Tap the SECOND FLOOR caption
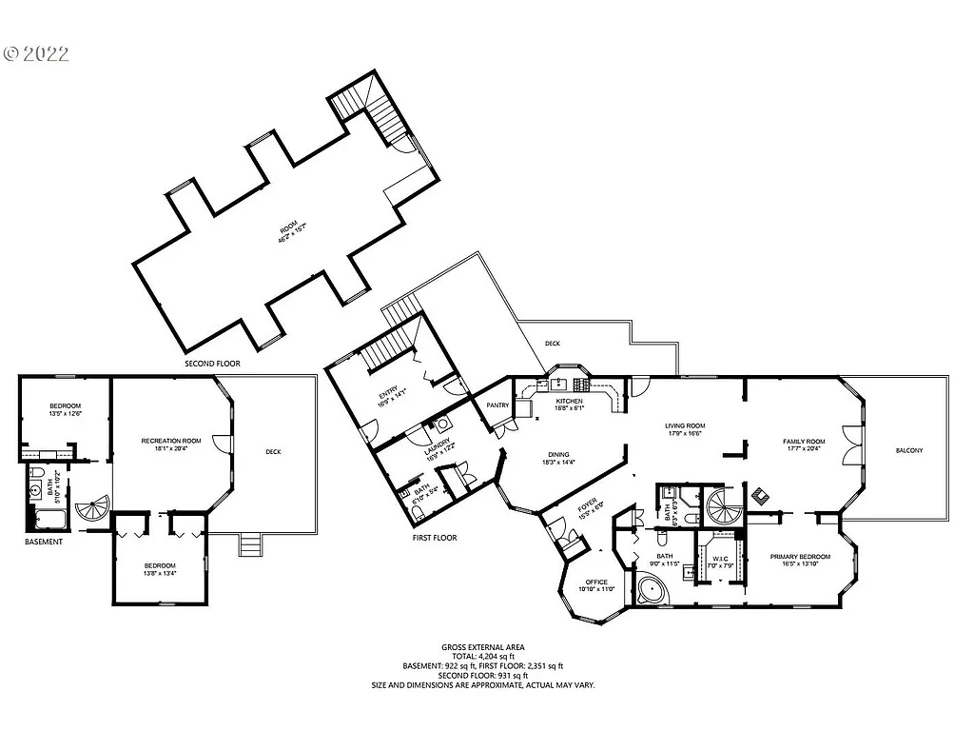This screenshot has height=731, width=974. tap(214, 364)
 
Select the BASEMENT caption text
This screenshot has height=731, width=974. tap(44, 542)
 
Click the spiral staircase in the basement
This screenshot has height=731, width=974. tap(94, 512)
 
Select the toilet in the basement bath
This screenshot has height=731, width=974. tap(35, 472)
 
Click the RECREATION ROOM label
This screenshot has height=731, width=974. tap(171, 441)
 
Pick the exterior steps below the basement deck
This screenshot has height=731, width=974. tap(250, 544)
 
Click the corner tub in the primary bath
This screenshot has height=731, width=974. tap(650, 593)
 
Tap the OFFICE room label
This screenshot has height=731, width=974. tap(596, 582)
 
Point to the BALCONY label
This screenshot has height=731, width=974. tap(908, 450)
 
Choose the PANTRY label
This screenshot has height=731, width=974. tap(497, 405)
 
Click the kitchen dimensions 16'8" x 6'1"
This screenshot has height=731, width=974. tap(570, 408)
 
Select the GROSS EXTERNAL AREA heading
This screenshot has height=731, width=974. tap(483, 646)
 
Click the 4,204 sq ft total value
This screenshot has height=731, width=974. tap(497, 656)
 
